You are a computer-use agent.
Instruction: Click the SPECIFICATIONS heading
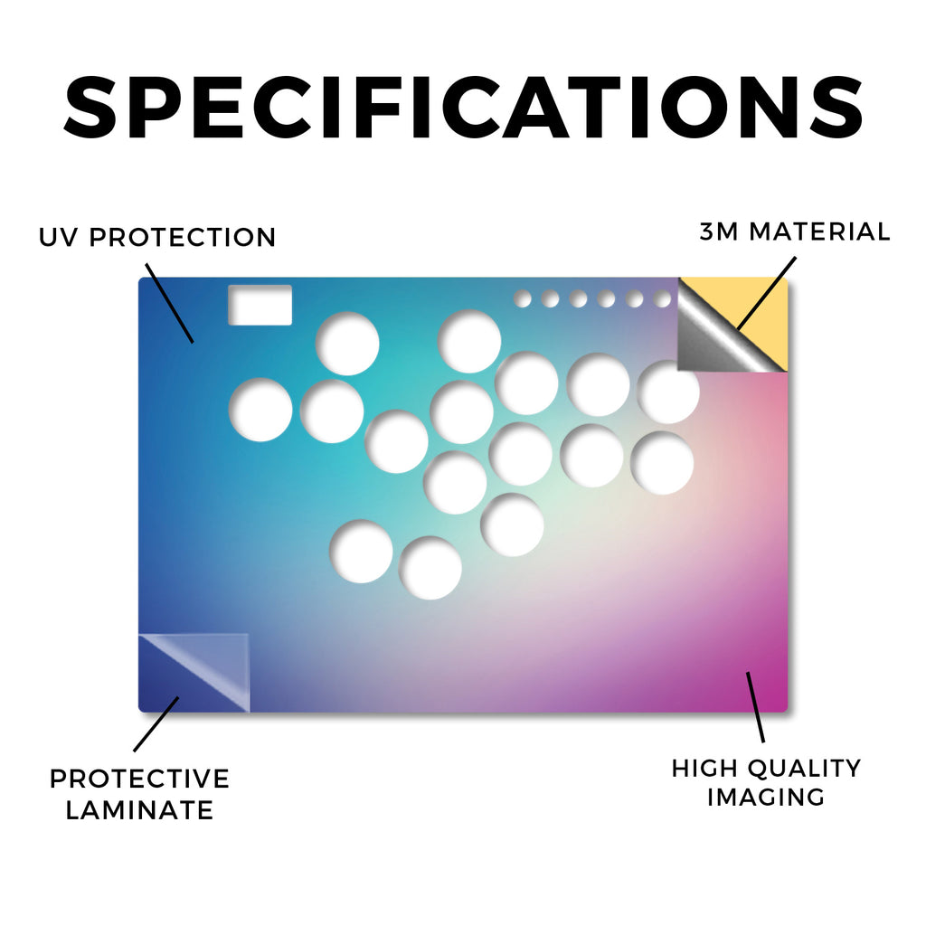point(463,108)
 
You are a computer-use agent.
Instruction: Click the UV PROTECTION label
point(157,238)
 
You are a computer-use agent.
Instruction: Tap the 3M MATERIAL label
point(795,231)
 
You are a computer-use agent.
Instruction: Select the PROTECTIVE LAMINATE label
point(139,794)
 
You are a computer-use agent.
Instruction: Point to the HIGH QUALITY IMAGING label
point(767,782)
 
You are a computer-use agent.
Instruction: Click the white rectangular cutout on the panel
point(260,305)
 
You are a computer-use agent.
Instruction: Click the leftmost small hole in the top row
point(522,298)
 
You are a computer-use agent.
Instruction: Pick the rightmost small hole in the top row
point(663,298)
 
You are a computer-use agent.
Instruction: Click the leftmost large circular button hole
point(260,410)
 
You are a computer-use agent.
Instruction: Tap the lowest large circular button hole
point(430,568)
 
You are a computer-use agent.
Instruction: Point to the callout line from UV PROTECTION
point(169,303)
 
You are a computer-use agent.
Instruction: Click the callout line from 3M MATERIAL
point(767,292)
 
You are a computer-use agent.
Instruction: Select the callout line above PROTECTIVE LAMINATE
point(156,724)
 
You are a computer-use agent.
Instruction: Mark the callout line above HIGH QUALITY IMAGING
point(755,707)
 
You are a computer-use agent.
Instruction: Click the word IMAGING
point(766,798)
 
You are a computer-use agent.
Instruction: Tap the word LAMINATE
point(139,810)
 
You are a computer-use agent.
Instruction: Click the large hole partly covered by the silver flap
point(668,392)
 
